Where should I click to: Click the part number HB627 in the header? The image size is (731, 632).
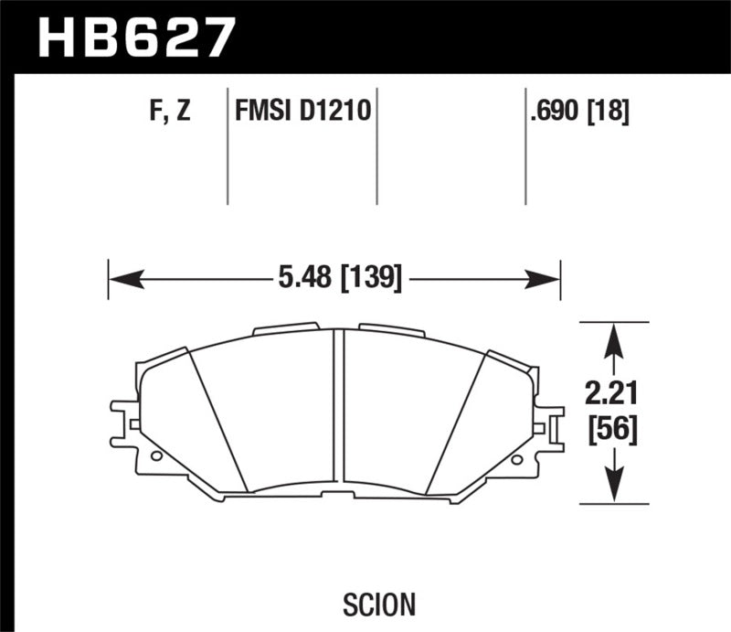tap(137, 37)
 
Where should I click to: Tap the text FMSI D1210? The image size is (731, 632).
tap(302, 113)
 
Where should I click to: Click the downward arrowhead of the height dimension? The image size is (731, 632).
tap(615, 488)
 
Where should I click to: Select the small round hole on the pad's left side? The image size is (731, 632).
tap(156, 455)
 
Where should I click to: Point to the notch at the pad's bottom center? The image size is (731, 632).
tap(338, 496)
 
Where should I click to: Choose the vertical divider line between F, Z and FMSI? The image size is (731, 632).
tap(227, 146)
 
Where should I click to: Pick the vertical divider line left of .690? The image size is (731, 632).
tap(525, 146)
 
